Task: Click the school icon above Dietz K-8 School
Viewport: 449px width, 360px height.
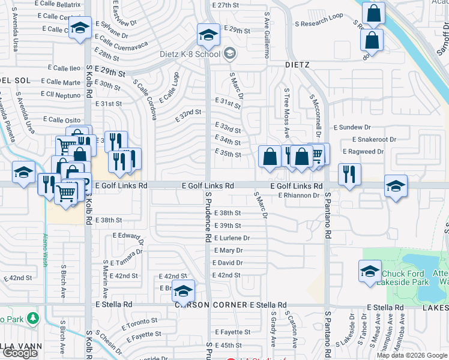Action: coord(208,36)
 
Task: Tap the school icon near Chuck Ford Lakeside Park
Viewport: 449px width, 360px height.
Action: coord(370,271)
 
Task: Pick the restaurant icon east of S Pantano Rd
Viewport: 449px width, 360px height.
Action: coord(349,175)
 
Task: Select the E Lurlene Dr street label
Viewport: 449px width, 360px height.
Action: coord(231,238)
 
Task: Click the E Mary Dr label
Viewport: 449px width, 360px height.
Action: coord(228,250)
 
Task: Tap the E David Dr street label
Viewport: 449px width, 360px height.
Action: coord(228,263)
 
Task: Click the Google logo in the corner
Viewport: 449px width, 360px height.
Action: coord(20,353)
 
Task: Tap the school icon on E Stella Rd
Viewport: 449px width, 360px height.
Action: coord(184,291)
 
